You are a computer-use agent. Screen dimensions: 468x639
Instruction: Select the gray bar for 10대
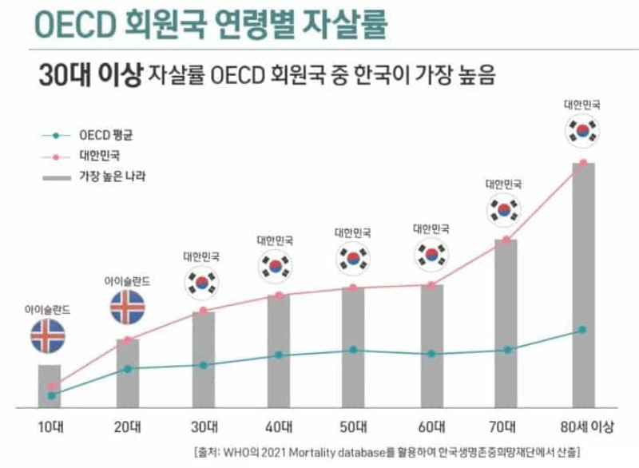coord(50,387)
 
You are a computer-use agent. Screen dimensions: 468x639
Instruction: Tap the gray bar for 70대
coord(506,323)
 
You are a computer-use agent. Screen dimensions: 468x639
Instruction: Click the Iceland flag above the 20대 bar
coord(128,307)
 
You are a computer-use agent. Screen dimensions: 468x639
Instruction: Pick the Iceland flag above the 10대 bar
coord(50,336)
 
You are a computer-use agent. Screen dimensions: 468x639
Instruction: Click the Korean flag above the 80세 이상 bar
coord(583,130)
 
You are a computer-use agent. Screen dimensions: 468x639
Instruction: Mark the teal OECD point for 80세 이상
coord(583,330)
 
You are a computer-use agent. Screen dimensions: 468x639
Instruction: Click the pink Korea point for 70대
coord(506,240)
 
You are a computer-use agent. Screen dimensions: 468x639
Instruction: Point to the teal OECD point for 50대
coord(354,350)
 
